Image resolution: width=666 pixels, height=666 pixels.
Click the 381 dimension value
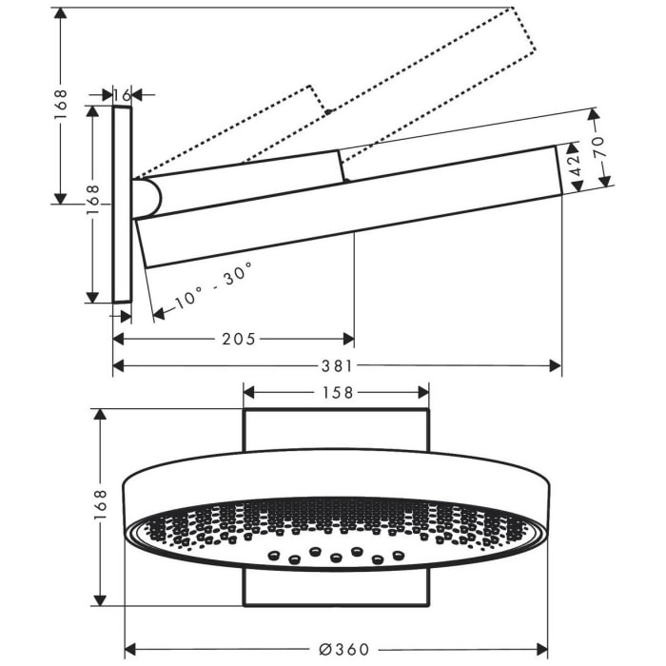[x=338, y=365]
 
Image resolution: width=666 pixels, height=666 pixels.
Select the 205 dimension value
[x=238, y=339]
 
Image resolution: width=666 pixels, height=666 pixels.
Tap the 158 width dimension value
[x=336, y=392]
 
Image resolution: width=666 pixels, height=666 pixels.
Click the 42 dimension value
[x=573, y=167]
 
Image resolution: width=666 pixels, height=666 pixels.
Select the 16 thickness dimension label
[x=121, y=94]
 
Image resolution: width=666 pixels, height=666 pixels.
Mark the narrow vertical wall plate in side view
[x=121, y=205]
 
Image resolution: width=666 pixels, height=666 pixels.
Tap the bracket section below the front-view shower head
[x=336, y=588]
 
